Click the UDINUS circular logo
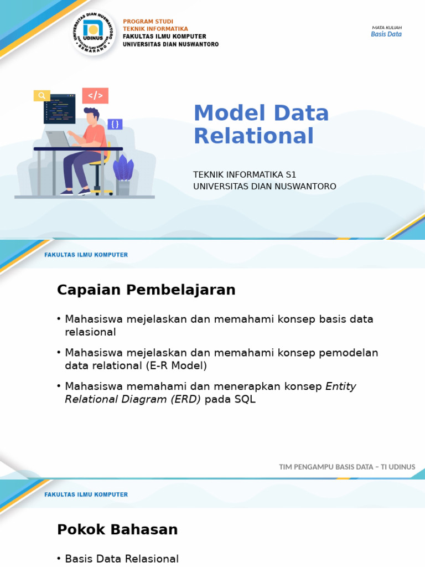(x=93, y=33)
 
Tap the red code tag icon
(x=95, y=95)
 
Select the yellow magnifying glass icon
(x=42, y=95)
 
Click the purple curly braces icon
(x=115, y=125)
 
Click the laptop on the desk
(x=58, y=139)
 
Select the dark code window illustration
(x=60, y=109)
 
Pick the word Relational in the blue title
(x=253, y=136)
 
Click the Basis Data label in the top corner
(x=386, y=34)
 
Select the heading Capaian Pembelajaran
(x=146, y=290)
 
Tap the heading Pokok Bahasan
(x=117, y=529)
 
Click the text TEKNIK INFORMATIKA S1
(x=245, y=174)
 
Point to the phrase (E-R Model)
(x=177, y=365)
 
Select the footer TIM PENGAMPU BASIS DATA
(x=326, y=467)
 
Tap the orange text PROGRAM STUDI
(x=148, y=22)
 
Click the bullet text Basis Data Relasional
(x=122, y=559)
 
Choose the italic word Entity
(x=341, y=386)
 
